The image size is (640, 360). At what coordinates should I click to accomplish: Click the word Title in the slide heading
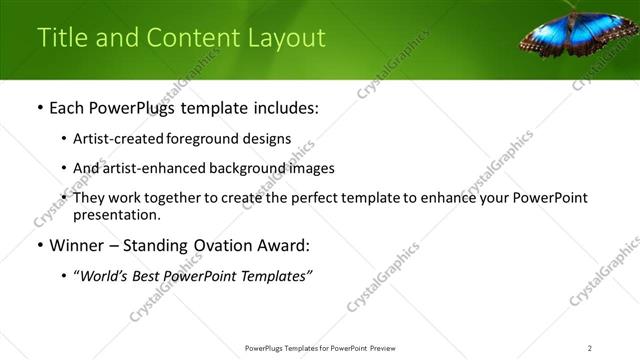point(61,38)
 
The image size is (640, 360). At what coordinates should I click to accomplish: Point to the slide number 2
point(590,348)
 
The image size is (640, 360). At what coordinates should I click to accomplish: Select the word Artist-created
point(112,139)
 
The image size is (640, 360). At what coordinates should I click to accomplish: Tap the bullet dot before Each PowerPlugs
point(38,108)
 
